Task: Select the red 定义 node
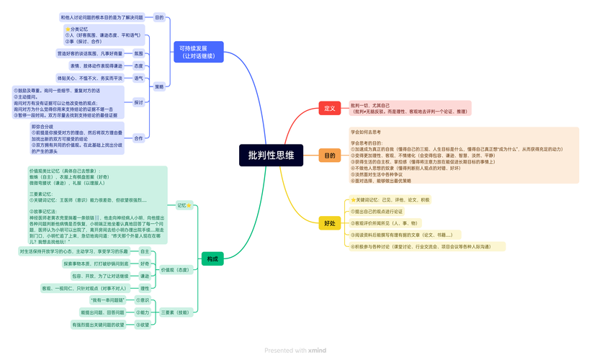[x=329, y=108]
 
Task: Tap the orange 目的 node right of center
[x=329, y=156]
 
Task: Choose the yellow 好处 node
[x=329, y=223]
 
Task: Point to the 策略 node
[x=158, y=86]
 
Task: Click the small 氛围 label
[x=138, y=53]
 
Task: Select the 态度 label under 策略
[x=138, y=66]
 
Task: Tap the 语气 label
[x=138, y=78]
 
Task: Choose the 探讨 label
[x=138, y=102]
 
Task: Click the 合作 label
[x=138, y=138]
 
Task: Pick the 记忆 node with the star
[x=184, y=205]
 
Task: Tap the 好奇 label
[x=145, y=264]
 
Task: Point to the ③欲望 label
[x=143, y=325]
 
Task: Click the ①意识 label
[x=143, y=300]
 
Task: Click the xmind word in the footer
[x=317, y=351]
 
